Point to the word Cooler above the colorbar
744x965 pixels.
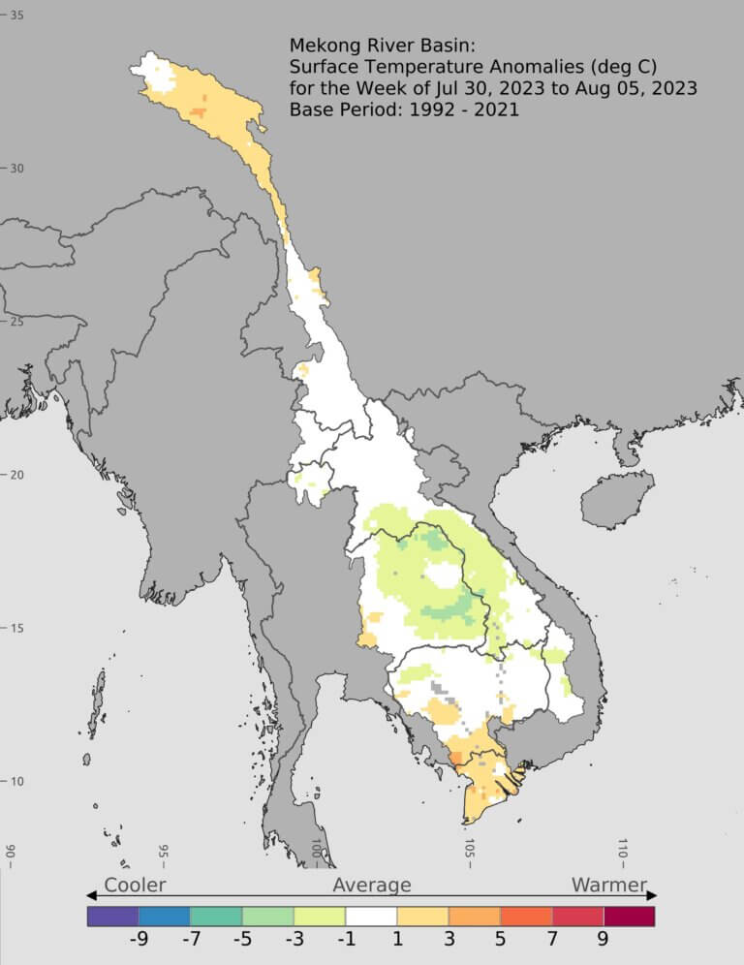(x=135, y=885)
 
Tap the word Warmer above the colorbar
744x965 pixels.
(x=608, y=885)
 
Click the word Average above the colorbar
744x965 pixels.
(x=372, y=885)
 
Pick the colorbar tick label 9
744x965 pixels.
(x=603, y=939)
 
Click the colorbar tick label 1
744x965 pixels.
(x=397, y=939)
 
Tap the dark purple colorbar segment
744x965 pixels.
(x=112, y=916)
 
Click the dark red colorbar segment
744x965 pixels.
(x=629, y=916)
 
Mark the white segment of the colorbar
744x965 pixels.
(x=372, y=916)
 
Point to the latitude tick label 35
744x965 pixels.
(x=17, y=16)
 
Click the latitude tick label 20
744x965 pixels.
(x=17, y=475)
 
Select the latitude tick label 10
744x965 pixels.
(x=17, y=782)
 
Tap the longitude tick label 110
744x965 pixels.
(x=622, y=853)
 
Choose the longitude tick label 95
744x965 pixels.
(x=163, y=853)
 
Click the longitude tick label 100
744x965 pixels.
(x=316, y=853)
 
